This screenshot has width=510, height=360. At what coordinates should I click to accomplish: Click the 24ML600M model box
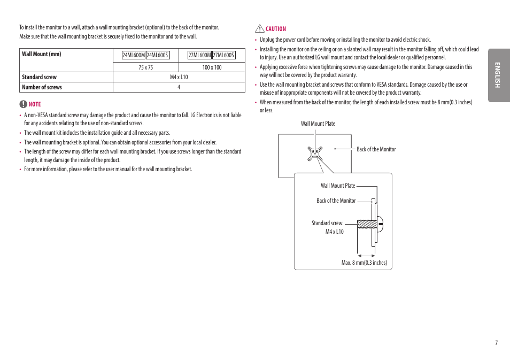(x=134, y=55)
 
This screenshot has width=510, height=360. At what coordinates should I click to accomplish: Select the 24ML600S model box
(x=158, y=55)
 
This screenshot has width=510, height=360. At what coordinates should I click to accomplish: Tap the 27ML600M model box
(x=199, y=55)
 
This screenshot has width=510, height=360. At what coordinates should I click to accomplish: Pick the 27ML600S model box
(x=223, y=55)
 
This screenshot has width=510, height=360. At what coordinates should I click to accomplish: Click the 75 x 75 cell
(x=145, y=67)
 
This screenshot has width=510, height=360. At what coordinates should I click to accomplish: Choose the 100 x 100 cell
(x=212, y=67)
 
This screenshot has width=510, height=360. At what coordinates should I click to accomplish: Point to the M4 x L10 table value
(x=179, y=77)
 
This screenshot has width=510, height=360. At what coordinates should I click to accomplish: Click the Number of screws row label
(x=42, y=87)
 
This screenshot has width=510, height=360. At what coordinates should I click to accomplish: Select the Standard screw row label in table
(x=39, y=77)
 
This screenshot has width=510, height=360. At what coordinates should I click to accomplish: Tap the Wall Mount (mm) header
(x=41, y=54)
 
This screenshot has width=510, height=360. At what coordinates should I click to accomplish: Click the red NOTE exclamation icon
(x=23, y=104)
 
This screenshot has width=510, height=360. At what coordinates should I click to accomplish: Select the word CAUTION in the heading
(x=276, y=29)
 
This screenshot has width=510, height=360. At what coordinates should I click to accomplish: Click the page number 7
(x=496, y=343)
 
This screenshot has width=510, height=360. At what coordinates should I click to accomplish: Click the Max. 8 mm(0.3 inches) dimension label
(x=364, y=263)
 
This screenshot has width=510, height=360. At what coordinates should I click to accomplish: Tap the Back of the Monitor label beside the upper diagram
(x=376, y=149)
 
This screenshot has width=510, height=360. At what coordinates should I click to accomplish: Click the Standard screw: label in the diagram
(x=327, y=223)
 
